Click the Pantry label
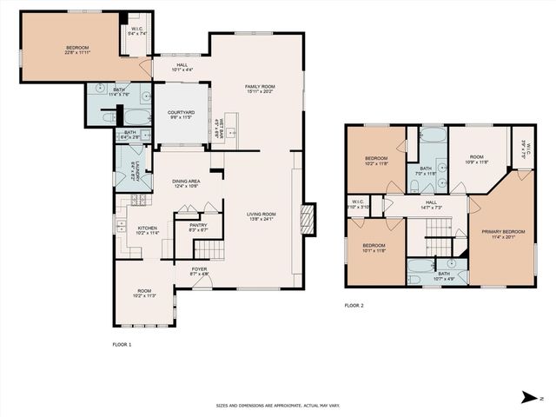(x=198, y=227)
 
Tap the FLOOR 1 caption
(x=122, y=346)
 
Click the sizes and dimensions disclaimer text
(x=277, y=406)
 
